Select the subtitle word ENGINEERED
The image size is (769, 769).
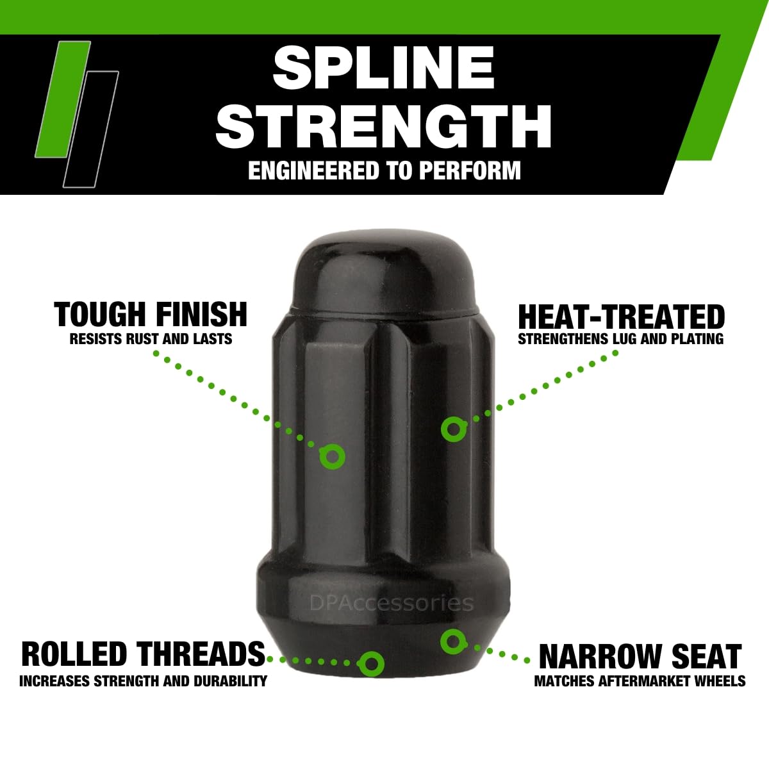click(x=313, y=170)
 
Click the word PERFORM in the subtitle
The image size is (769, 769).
click(x=470, y=170)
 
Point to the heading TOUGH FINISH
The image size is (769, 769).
click(x=151, y=315)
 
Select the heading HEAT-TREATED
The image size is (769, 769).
click(x=621, y=317)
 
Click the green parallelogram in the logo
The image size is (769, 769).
click(x=63, y=99)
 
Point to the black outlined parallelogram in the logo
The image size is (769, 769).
click(x=91, y=129)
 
